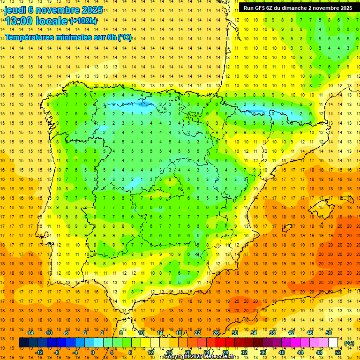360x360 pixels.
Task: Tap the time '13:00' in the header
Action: tap(19, 21)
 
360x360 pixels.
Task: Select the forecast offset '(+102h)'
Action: tap(83, 21)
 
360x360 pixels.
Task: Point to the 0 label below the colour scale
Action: tap(93, 352)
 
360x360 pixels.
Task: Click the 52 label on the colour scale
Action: tap(338, 352)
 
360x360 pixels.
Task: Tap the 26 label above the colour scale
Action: tap(216, 333)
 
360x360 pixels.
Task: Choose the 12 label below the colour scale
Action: tap(150, 352)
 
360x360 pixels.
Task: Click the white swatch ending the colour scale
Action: tap(333, 343)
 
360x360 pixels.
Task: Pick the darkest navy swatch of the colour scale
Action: tap(23, 343)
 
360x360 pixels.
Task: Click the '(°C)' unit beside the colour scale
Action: tap(349, 343)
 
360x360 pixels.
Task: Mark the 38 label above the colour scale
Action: tap(272, 333)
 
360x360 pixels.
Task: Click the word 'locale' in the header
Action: tap(50, 21)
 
